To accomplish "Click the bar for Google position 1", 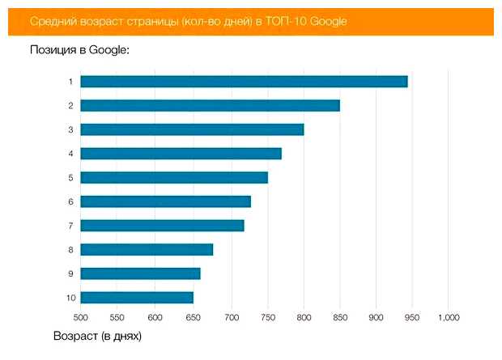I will coord(244,82).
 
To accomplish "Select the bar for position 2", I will coord(210,105).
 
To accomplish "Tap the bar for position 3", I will coord(192,129).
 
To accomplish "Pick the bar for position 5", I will coord(174,177).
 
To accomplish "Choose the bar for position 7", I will coord(162,226).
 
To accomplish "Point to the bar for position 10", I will coord(137,298).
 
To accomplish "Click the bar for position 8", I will coord(147,249).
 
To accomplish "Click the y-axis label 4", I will coord(71,154).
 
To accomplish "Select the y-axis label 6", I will coord(71,201).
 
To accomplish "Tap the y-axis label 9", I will coord(71,273).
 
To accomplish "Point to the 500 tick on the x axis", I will coord(81,317).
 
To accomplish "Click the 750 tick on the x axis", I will coord(267,317).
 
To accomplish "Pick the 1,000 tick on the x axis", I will coord(448,317).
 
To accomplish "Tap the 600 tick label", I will coord(155,317).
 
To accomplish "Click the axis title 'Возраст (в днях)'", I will coord(97,334).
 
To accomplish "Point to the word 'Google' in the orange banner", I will coord(330,21).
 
